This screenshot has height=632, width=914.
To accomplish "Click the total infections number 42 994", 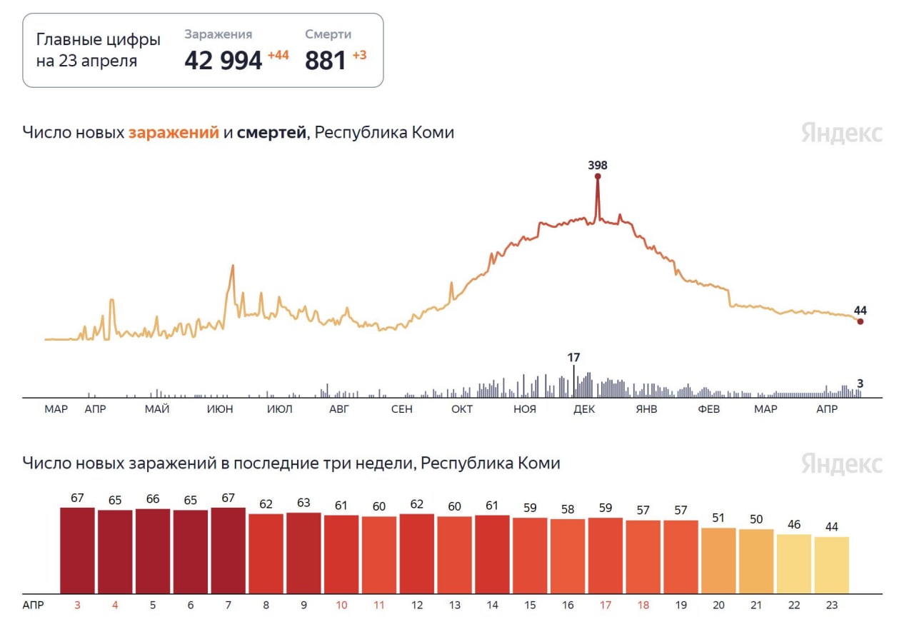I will [223, 61].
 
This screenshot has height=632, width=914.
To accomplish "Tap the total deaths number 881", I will [325, 61].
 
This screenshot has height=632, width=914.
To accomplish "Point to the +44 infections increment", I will [278, 55].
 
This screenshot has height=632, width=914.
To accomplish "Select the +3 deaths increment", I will [359, 55].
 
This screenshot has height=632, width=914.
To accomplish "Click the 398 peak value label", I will [598, 165].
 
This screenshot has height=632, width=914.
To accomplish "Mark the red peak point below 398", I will [598, 176].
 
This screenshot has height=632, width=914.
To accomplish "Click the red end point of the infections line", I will [860, 321].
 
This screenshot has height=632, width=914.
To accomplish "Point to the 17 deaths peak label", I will [573, 357].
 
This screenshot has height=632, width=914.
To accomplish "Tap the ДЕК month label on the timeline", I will [584, 409].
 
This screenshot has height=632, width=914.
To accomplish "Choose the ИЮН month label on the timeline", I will [219, 409].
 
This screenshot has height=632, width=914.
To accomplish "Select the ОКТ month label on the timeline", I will [462, 409].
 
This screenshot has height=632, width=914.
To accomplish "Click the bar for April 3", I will [78, 550].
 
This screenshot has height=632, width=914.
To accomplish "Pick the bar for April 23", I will [832, 565].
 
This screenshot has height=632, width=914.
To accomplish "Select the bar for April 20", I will [718, 561].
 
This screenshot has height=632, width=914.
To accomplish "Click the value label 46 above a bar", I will [794, 524].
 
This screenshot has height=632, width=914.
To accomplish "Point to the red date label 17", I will [606, 605].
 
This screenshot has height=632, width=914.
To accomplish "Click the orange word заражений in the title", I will [174, 132].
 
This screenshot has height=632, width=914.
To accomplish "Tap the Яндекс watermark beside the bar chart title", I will [842, 463].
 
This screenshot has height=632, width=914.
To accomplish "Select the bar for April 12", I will [417, 553].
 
